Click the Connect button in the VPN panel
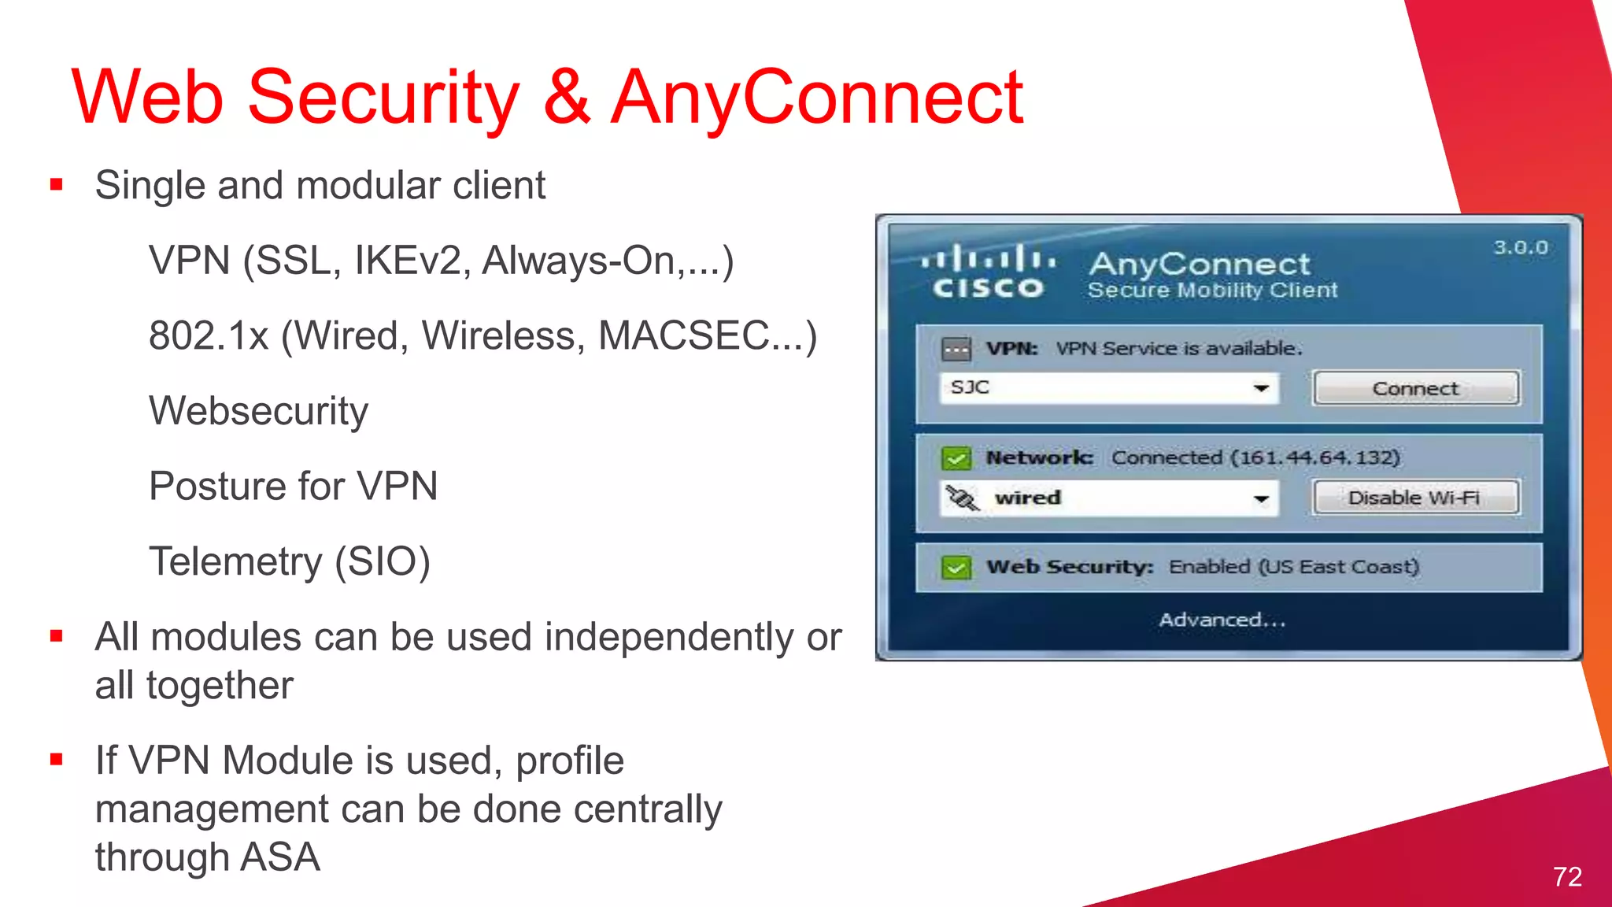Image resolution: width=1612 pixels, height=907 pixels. [1415, 388]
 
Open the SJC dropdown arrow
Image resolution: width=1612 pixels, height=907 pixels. [1261, 388]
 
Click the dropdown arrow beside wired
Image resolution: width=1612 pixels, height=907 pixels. [1261, 498]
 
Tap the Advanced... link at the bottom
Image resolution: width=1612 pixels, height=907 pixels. [1222, 620]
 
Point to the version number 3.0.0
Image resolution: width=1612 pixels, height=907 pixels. [1521, 248]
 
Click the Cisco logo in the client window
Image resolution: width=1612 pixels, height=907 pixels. [989, 272]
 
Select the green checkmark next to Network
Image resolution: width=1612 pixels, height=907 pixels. [956, 457]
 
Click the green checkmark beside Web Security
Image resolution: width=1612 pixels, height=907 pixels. [956, 567]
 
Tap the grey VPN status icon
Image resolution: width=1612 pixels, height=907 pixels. [956, 349]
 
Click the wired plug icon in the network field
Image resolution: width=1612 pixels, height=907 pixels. [962, 498]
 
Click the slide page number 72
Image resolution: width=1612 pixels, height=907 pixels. [1567, 876]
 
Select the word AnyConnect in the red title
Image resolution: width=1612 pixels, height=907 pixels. [817, 97]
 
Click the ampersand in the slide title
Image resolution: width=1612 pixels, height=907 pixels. [566, 97]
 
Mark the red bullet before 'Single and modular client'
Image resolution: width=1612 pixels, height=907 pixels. [56, 186]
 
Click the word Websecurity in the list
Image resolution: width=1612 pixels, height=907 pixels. [258, 411]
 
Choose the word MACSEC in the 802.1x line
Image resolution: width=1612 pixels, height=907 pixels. [683, 335]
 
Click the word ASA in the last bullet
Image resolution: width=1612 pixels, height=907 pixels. [280, 857]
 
